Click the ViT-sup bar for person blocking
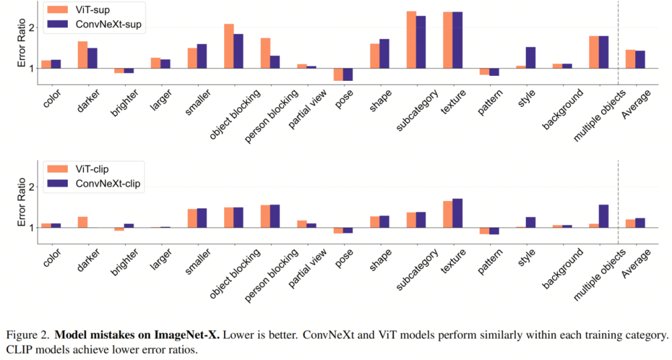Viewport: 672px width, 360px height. [265, 53]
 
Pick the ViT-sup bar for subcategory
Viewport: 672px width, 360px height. [411, 40]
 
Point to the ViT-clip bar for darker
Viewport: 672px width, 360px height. [82, 222]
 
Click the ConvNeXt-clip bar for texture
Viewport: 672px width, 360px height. [457, 213]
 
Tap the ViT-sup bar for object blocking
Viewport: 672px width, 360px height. [228, 46]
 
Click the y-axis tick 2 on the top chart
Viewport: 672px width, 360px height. [31, 27]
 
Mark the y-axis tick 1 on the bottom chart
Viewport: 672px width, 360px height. [31, 228]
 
